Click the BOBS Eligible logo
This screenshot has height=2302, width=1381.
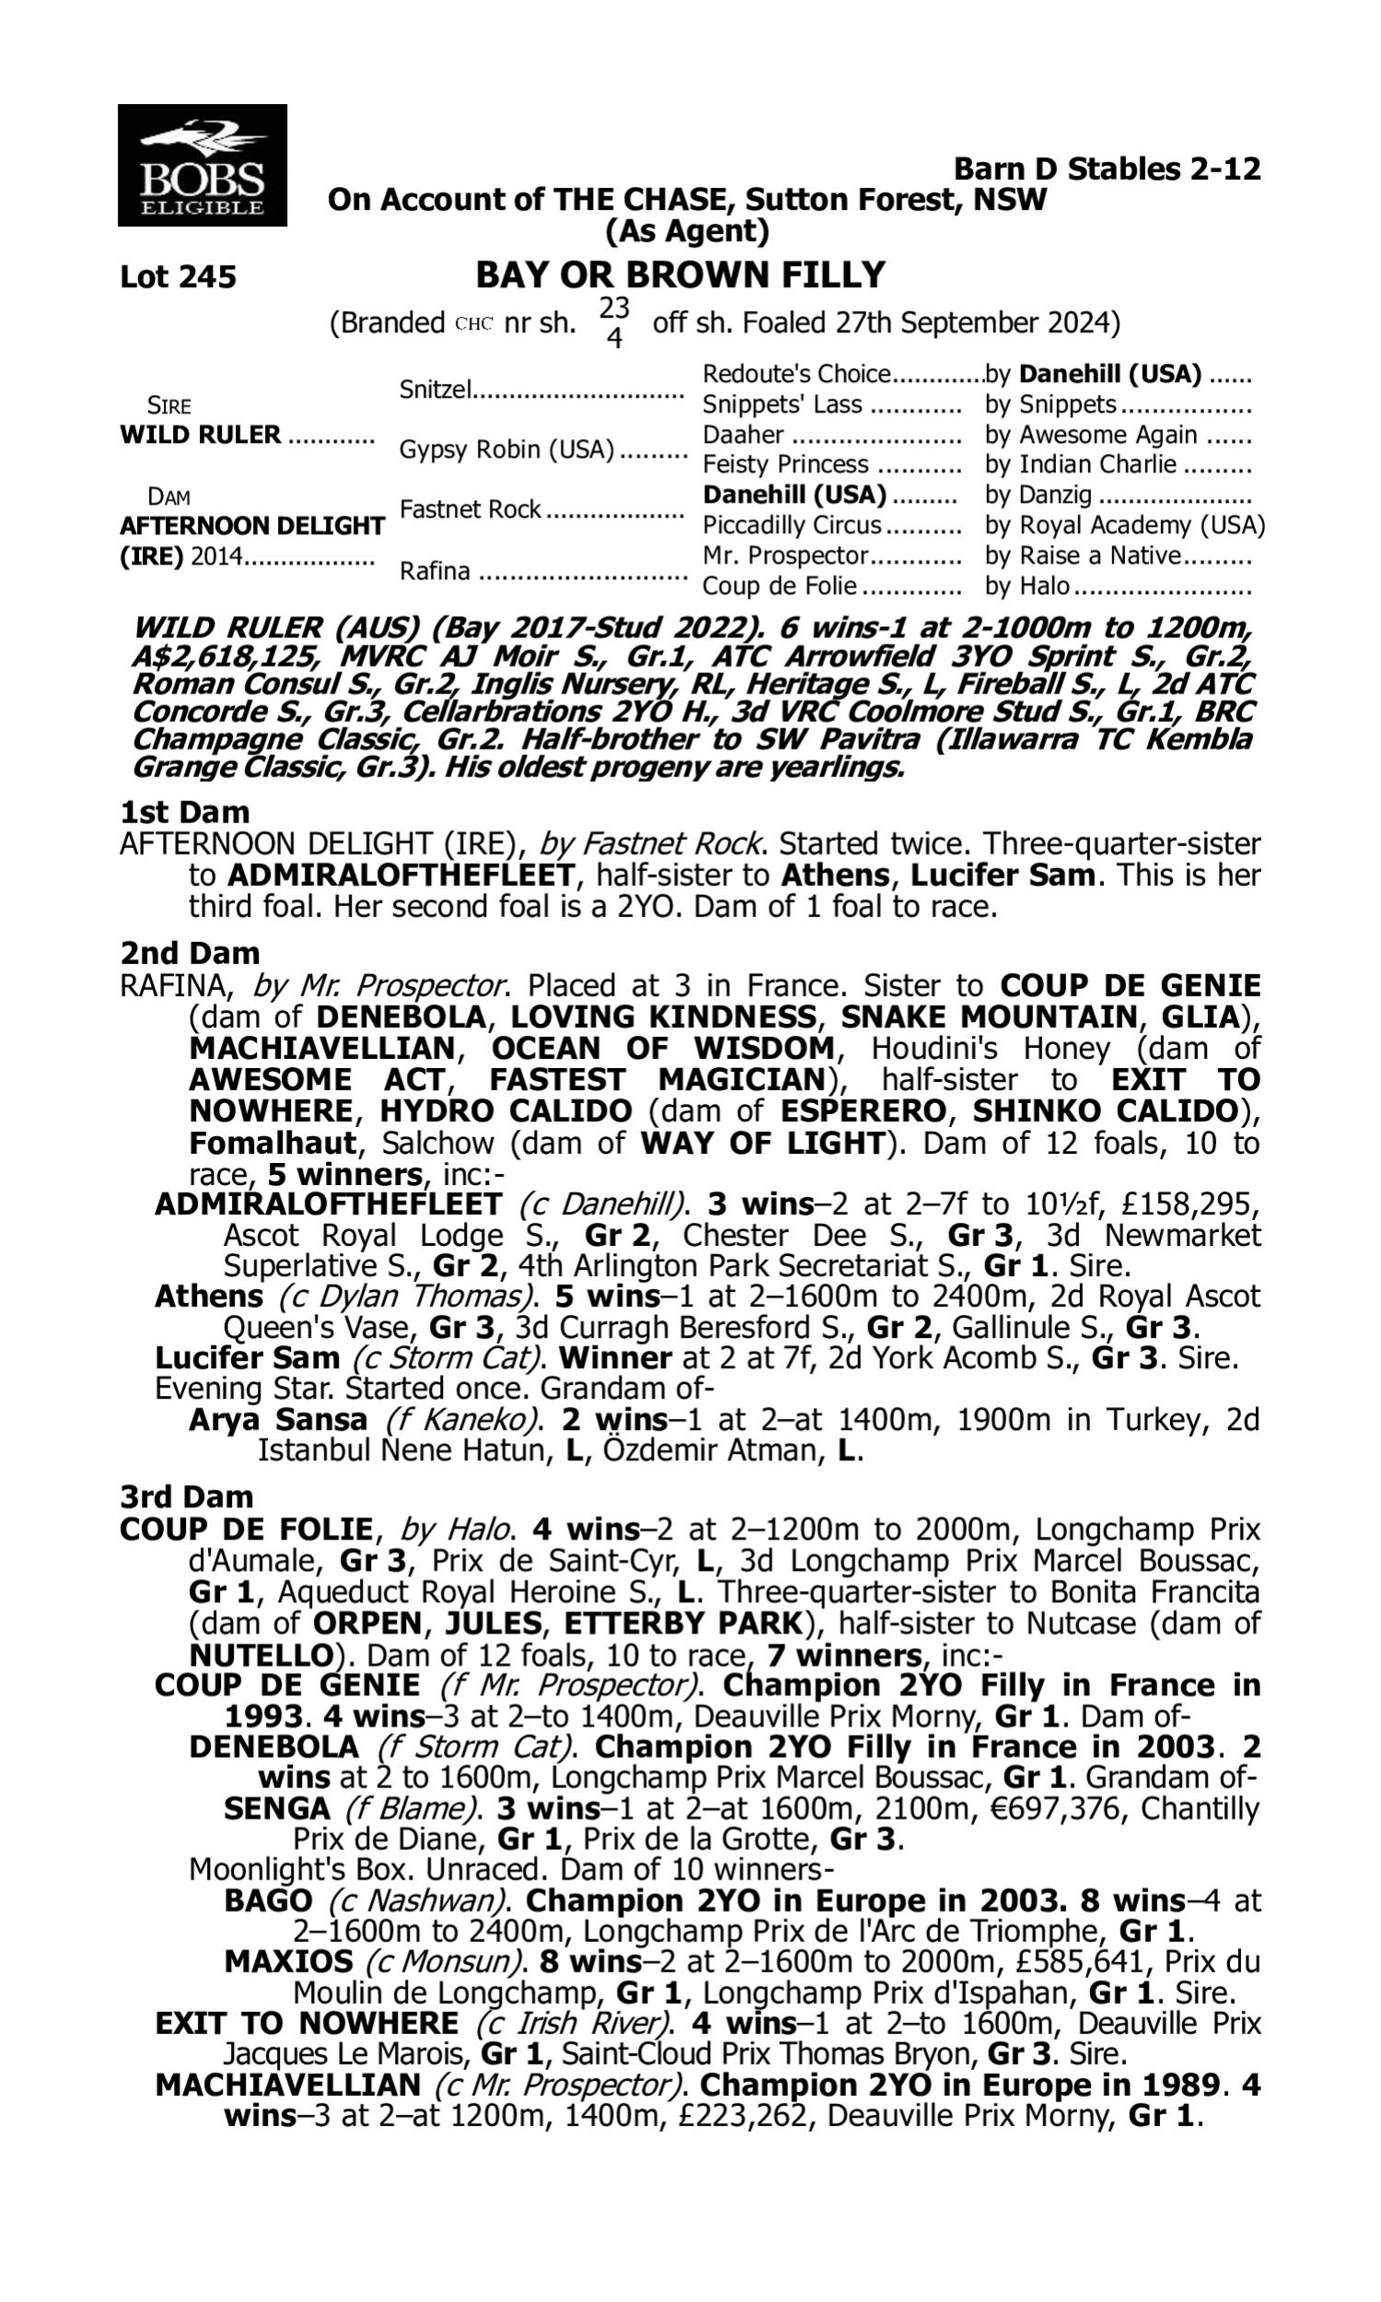(202, 165)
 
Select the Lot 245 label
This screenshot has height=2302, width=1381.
(178, 277)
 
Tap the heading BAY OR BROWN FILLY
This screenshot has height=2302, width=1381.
(680, 275)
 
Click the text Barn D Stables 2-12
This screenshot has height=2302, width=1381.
(1108, 169)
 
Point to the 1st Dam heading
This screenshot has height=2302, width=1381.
(185, 812)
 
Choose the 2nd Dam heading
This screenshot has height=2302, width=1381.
(190, 953)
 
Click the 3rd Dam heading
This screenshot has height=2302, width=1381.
(187, 1497)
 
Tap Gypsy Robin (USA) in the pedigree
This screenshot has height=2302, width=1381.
(507, 449)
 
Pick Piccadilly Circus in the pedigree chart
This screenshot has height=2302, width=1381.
(791, 525)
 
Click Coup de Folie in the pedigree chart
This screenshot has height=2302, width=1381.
(779, 587)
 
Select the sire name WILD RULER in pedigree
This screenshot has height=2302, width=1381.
(200, 435)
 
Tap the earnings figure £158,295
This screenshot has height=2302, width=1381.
(1198, 1204)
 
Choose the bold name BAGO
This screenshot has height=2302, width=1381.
(268, 1900)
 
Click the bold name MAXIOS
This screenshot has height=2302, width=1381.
(288, 1961)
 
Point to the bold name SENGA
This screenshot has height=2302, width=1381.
(276, 1808)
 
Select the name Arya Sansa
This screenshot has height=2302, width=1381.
(277, 1420)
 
